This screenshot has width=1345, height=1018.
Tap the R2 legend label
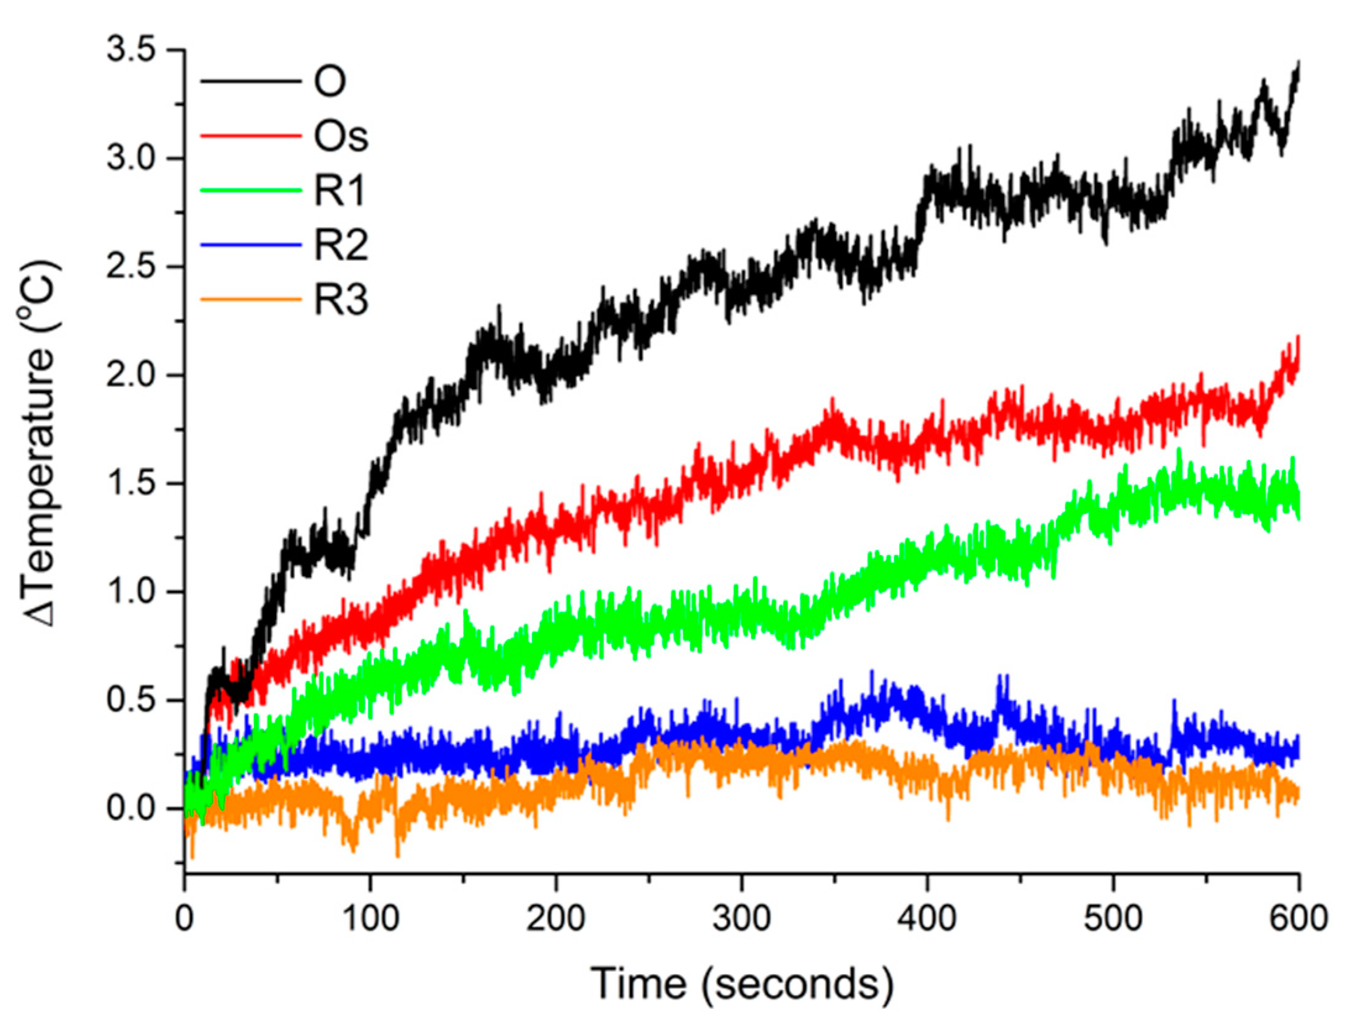(341, 244)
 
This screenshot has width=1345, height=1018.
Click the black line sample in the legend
(251, 81)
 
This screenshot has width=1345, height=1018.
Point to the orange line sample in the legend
(251, 300)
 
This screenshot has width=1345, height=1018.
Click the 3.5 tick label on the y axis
(130, 49)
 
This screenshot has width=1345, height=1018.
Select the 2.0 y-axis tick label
(130, 375)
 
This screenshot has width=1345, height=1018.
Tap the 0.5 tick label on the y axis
(130, 700)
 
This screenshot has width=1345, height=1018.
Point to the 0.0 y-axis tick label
(130, 808)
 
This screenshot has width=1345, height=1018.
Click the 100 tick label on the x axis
(370, 918)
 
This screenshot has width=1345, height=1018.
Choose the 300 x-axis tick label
(741, 918)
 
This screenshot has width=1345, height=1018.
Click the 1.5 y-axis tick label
(130, 483)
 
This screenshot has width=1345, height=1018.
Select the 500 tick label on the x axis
(1113, 918)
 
